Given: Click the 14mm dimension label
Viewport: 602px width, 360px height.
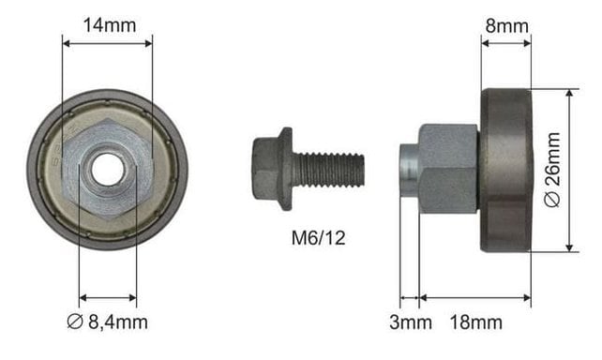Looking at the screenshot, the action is point(110,25).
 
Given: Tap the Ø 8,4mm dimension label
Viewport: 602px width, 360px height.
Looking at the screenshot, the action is point(107,322).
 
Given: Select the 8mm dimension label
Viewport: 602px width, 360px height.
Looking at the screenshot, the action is point(506,25).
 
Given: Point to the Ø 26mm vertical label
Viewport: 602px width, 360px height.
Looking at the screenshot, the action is point(552,170).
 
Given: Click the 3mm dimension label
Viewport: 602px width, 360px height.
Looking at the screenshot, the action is point(411,322).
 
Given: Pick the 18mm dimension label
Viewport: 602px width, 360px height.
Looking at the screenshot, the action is point(475,322).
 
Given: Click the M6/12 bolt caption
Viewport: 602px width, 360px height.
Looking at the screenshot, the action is point(318,238).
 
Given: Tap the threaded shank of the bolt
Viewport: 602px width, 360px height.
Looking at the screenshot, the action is point(328,170).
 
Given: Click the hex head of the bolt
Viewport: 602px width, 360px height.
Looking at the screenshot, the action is point(265,169).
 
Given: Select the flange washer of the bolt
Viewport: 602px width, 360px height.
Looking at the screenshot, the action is point(285,169).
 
